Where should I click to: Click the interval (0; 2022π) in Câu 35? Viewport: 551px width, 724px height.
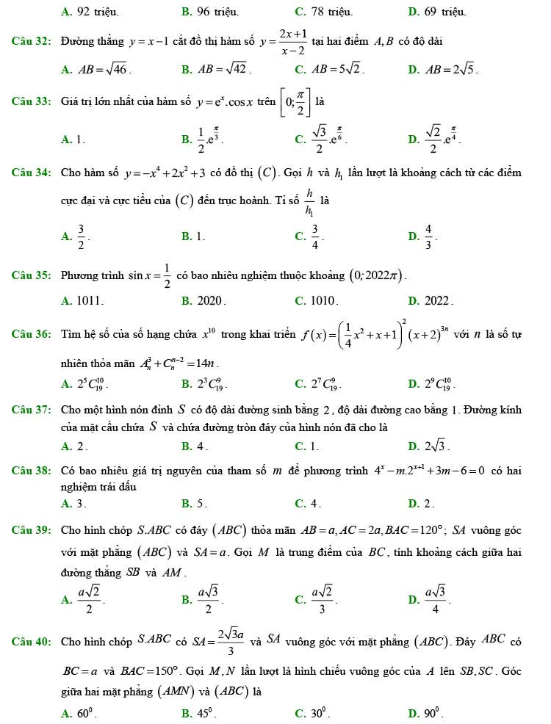click(x=377, y=276)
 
